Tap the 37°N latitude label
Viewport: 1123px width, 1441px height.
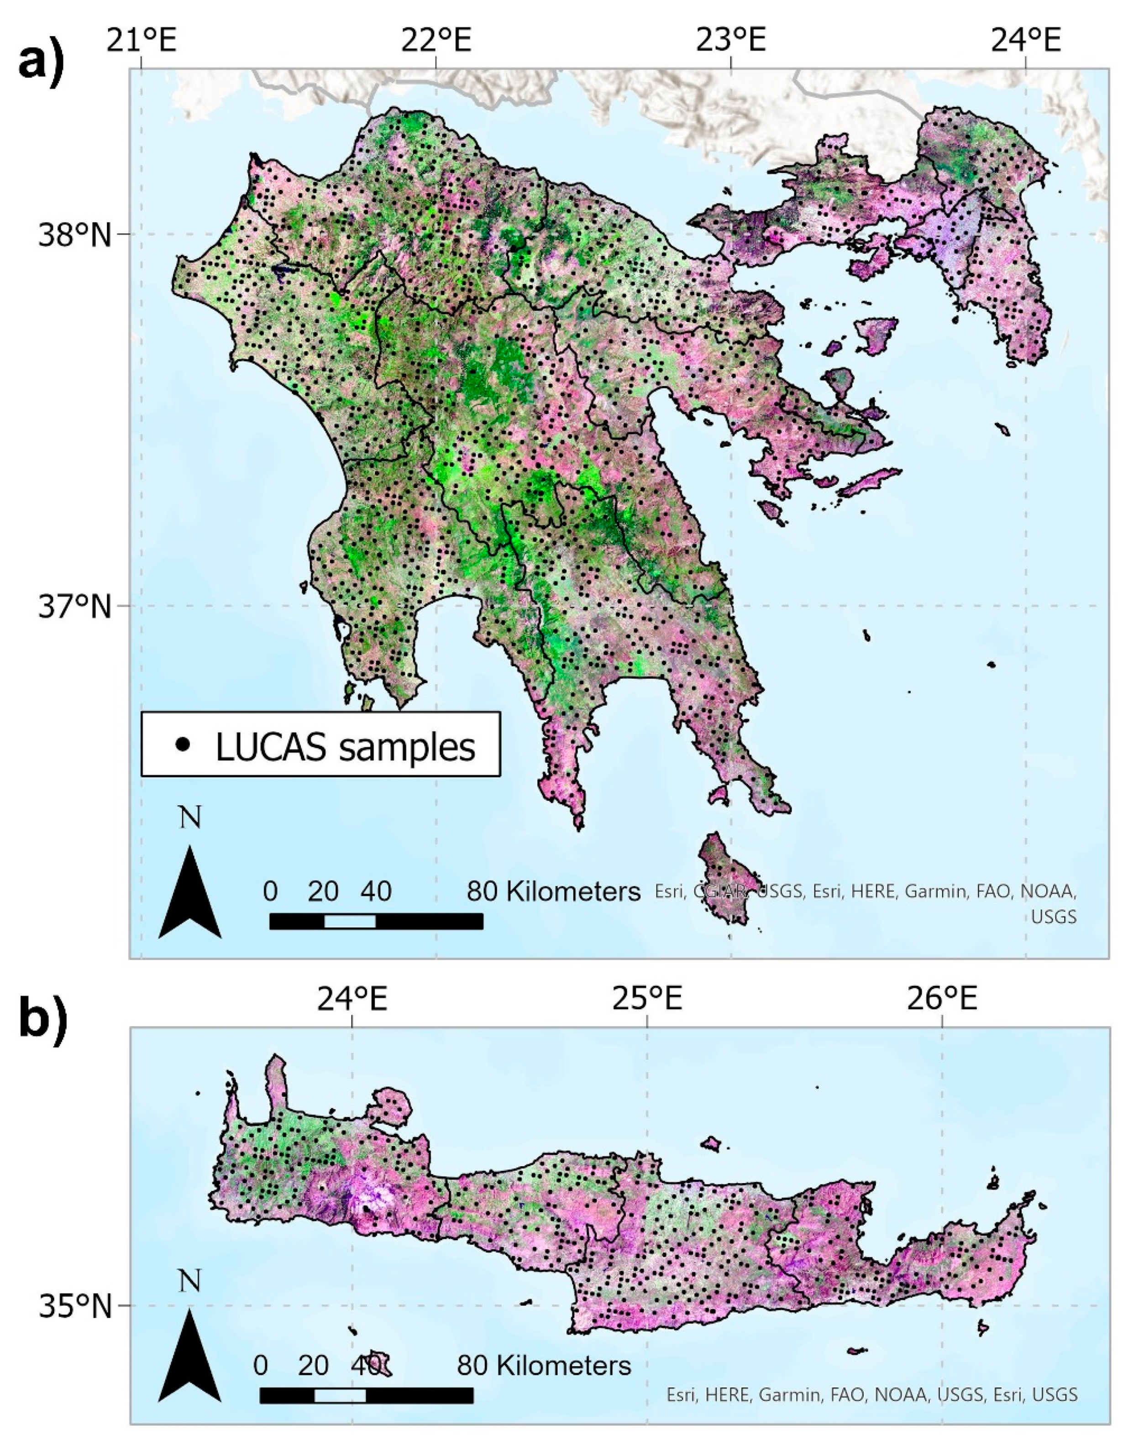coord(74,606)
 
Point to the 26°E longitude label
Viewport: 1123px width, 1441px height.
coord(942,1000)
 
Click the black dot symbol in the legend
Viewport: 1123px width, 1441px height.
coord(183,744)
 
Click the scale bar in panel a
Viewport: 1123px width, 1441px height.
coord(376,922)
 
